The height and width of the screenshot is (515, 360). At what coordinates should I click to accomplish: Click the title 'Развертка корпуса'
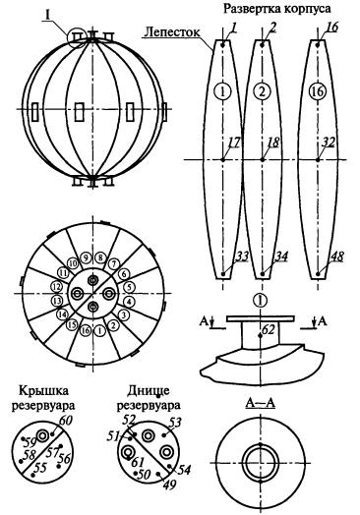277,9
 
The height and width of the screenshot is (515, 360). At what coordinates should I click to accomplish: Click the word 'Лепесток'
172,32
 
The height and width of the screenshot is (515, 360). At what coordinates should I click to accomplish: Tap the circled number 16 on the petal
318,91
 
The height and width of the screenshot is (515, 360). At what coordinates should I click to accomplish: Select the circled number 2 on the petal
262,91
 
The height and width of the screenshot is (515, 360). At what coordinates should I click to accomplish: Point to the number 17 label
234,143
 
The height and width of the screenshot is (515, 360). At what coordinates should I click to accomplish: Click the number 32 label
329,143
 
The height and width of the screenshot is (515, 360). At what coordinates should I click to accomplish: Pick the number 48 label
337,257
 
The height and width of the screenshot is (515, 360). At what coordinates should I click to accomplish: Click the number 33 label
242,257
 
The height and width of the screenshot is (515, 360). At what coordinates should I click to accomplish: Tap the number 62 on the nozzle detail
269,329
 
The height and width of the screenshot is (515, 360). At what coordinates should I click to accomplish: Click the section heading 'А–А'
261,403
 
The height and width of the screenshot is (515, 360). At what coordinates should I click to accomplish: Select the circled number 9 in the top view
87,258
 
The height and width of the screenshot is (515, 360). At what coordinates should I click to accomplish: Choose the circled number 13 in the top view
57,301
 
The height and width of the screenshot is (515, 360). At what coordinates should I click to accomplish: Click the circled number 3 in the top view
123,315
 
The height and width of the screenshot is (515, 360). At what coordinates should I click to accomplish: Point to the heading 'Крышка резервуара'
43,398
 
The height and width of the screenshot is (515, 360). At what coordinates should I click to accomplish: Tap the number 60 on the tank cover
65,421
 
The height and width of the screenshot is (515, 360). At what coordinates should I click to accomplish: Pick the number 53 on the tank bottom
174,423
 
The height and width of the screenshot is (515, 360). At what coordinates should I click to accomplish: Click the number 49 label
169,485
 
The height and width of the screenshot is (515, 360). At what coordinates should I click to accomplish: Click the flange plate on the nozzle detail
260,318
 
